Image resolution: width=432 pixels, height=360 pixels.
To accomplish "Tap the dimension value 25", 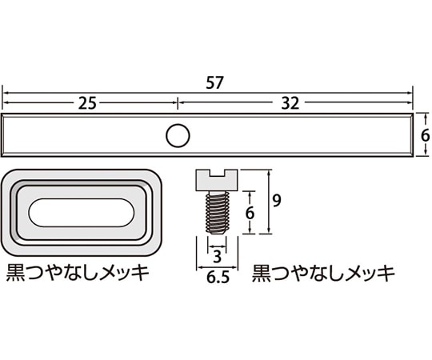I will click(x=90, y=103).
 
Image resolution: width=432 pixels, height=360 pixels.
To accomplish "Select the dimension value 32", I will click(x=293, y=103).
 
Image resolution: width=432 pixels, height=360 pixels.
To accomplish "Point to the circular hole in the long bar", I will click(x=177, y=136).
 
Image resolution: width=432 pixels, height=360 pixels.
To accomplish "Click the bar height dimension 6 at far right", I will click(x=425, y=136).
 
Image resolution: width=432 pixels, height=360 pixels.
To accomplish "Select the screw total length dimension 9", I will click(x=275, y=202).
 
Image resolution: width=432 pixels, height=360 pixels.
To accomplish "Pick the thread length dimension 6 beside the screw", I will click(x=250, y=213).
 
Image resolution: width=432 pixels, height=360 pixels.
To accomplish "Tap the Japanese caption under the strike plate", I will click(x=78, y=273).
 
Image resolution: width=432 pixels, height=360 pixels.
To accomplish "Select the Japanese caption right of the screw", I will click(x=323, y=273).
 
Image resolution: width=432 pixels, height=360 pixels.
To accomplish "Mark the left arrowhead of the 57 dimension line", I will click(x=6, y=93).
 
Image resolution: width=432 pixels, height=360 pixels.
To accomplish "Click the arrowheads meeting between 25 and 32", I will click(x=177, y=103).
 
